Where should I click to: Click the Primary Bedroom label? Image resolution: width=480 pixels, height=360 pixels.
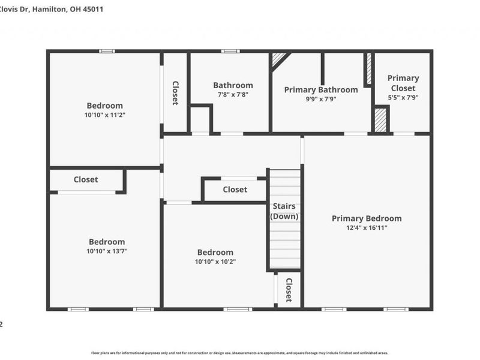pyautogui.click(x=367, y=218)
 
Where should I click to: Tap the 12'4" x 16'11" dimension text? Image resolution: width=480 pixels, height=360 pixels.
pyautogui.click(x=367, y=228)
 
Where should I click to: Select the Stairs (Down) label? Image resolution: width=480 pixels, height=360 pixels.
pyautogui.click(x=285, y=211)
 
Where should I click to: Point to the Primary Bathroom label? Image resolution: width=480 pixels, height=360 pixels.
pyautogui.click(x=321, y=90)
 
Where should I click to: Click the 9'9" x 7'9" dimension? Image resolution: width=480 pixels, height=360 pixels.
pyautogui.click(x=321, y=99)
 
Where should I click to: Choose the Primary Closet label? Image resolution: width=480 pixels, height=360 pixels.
pyautogui.click(x=403, y=83)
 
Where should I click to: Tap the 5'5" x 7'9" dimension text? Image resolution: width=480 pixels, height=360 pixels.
pyautogui.click(x=403, y=97)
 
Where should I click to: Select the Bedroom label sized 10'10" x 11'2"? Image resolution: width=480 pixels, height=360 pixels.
pyautogui.click(x=104, y=106)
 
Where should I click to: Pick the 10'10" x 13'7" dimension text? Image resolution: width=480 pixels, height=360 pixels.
pyautogui.click(x=107, y=251)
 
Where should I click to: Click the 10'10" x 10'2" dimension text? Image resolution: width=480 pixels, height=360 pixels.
pyautogui.click(x=215, y=262)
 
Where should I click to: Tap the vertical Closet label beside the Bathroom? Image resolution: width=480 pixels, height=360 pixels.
pyautogui.click(x=176, y=93)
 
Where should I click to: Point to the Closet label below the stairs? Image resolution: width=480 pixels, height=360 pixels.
pyautogui.click(x=289, y=290)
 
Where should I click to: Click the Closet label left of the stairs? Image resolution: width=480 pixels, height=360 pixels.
pyautogui.click(x=235, y=190)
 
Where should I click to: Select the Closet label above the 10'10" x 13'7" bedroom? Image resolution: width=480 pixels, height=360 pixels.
pyautogui.click(x=86, y=179)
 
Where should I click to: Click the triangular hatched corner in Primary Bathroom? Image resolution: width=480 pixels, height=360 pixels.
pyautogui.click(x=278, y=58)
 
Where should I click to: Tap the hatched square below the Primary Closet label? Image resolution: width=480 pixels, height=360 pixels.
pyautogui.click(x=380, y=119)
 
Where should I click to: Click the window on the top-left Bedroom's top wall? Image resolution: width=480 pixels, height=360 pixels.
pyautogui.click(x=107, y=51)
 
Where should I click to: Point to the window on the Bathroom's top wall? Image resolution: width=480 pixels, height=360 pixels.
pyautogui.click(x=230, y=51)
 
